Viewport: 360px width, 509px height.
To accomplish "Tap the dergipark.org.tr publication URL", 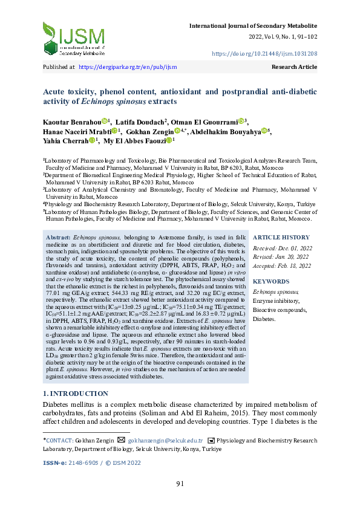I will point(128,67).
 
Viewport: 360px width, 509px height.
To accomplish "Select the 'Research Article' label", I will point(295,67).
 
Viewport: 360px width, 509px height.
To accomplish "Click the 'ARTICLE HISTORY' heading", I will point(280,238).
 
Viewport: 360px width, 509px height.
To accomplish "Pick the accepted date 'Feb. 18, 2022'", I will point(296,265).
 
